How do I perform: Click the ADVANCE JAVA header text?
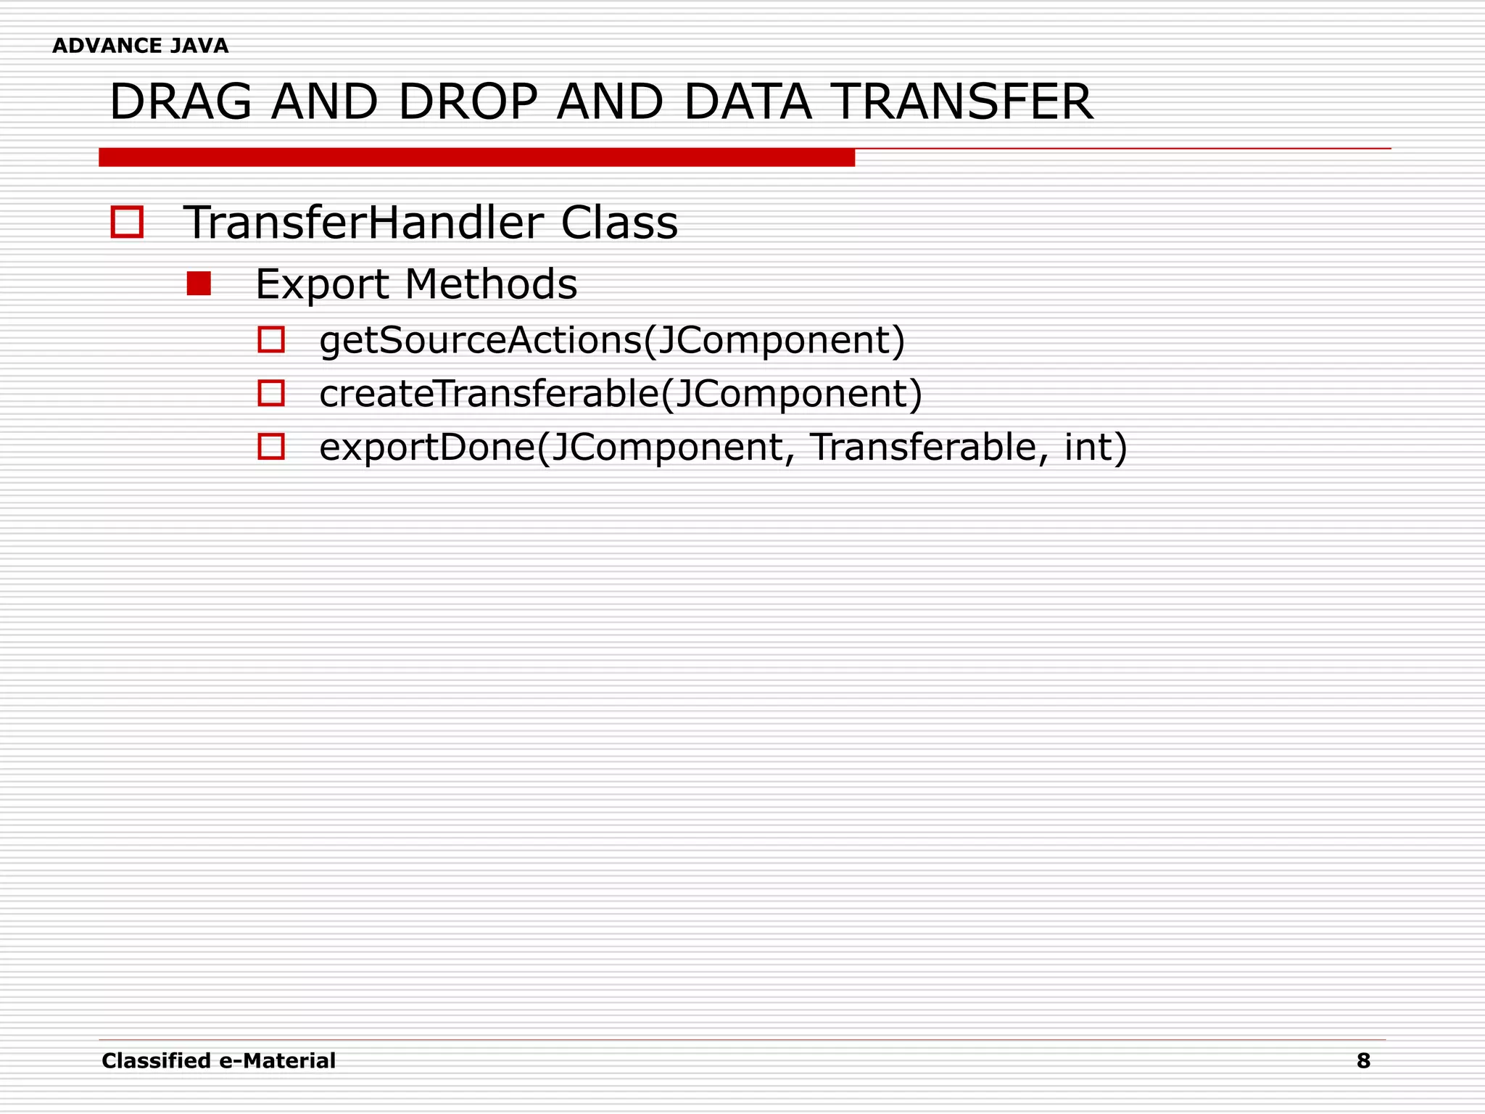[x=140, y=46]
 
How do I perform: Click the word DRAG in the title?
[x=181, y=102]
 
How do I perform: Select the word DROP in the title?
[x=467, y=102]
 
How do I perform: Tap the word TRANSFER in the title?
[x=961, y=102]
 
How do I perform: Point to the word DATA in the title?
[x=747, y=102]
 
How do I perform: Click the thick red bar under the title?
[x=476, y=157]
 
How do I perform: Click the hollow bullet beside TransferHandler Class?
[x=127, y=222]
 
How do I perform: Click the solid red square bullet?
[x=199, y=284]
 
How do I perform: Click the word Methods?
[x=491, y=284]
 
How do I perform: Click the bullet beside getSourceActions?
[x=271, y=339]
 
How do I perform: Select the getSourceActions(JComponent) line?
[x=612, y=340]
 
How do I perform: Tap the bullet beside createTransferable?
[x=271, y=393]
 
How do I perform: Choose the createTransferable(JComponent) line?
[x=621, y=394]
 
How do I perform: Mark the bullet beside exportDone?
[x=271, y=447]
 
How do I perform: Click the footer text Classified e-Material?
[x=218, y=1061]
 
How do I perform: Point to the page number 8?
[x=1363, y=1061]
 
